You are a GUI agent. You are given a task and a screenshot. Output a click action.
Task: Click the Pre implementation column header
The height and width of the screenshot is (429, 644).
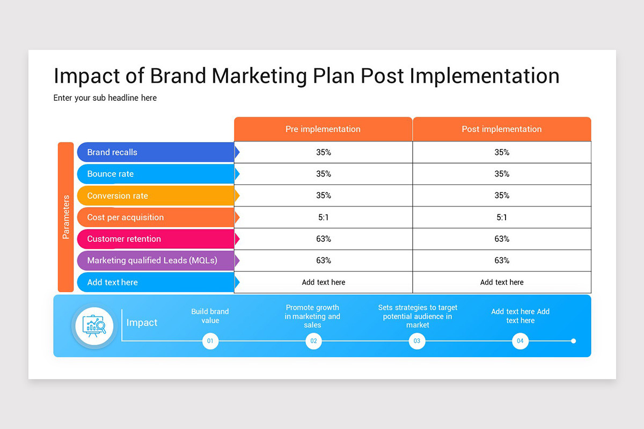pyautogui.click(x=323, y=129)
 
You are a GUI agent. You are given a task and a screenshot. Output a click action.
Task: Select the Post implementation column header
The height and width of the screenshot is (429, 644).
pyautogui.click(x=501, y=129)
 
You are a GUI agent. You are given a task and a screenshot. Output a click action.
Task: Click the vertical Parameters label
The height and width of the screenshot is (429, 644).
pyautogui.click(x=66, y=217)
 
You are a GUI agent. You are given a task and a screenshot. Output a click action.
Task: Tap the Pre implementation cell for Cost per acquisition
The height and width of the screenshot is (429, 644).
pyautogui.click(x=323, y=217)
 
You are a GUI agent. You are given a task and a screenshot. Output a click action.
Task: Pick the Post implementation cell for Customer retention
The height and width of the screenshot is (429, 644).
pyautogui.click(x=501, y=239)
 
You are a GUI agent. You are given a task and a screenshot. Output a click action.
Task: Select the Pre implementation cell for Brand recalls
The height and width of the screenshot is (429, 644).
pyautogui.click(x=323, y=152)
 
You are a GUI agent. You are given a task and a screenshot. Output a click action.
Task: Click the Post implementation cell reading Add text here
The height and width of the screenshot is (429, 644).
pyautogui.click(x=501, y=282)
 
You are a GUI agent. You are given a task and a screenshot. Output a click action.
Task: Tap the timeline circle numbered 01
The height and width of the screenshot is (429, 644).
pyautogui.click(x=210, y=341)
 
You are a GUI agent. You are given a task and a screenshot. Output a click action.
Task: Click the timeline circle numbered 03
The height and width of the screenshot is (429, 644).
pyautogui.click(x=417, y=341)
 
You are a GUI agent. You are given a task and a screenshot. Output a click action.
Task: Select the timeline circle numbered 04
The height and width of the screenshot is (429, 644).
pyautogui.click(x=520, y=341)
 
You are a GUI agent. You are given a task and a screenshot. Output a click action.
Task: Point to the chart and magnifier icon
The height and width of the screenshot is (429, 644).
pyautogui.click(x=94, y=326)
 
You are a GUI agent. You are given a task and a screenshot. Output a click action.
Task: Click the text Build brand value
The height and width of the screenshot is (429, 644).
pyautogui.click(x=210, y=316)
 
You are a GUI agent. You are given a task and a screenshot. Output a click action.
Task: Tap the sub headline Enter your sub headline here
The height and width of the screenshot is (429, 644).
pyautogui.click(x=105, y=98)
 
